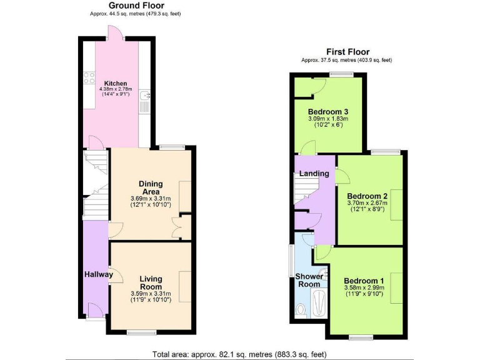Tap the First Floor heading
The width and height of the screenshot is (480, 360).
pyautogui.click(x=347, y=52)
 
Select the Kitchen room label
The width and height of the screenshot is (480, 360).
pyautogui.click(x=116, y=83)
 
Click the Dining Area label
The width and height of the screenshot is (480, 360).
pyautogui.click(x=151, y=187)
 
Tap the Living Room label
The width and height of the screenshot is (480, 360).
pyautogui.click(x=151, y=282)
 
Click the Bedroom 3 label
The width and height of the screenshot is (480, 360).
pyautogui.click(x=327, y=112)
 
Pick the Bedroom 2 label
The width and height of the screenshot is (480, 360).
pyautogui.click(x=367, y=196)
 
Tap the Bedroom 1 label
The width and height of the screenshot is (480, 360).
pyautogui.click(x=364, y=281)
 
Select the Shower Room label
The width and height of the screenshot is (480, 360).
pyautogui.click(x=308, y=279)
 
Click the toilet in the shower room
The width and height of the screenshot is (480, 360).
pyautogui.click(x=301, y=309)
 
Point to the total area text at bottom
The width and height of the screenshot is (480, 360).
pyautogui.click(x=239, y=354)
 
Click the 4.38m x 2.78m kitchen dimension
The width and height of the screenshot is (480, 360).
pyautogui.click(x=116, y=89)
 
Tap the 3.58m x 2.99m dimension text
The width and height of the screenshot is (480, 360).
pyautogui.click(x=364, y=287)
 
